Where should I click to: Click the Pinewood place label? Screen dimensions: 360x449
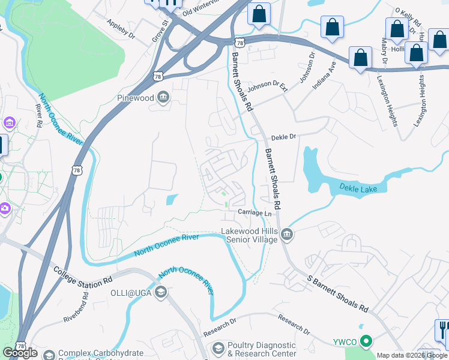point(135,98)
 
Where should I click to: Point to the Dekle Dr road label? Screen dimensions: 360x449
point(284,137)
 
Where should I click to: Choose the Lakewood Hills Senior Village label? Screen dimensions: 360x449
point(249,235)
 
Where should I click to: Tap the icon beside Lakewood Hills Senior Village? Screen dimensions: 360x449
point(287,235)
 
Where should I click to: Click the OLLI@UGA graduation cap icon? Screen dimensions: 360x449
point(160,292)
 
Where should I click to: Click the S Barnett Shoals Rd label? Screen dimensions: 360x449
point(338,293)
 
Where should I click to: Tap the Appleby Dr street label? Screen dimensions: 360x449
point(122,28)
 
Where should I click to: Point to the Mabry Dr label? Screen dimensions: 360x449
point(384,53)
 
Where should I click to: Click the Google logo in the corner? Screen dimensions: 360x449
point(20,353)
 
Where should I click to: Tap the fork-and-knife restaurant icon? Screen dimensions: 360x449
point(443,329)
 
